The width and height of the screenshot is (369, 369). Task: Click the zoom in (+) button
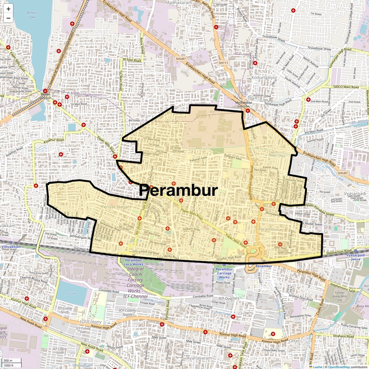[x=8, y=9]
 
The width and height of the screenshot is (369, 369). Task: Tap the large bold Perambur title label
[x=178, y=190]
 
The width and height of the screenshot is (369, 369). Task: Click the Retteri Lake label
[x=32, y=15]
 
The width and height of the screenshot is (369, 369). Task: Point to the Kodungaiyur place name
[x=264, y=78]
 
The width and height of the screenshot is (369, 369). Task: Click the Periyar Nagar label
[x=115, y=207]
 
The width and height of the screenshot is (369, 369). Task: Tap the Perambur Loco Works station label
[x=133, y=262]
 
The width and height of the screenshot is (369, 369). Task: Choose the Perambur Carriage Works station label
[x=224, y=273]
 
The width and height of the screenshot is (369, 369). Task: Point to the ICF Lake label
[x=71, y=293]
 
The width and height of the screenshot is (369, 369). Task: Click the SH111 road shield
[x=223, y=63]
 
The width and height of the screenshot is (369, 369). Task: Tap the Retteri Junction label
[x=45, y=96]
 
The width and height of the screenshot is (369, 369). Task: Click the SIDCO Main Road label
[x=346, y=87]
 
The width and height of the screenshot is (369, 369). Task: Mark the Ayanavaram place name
[x=199, y=358]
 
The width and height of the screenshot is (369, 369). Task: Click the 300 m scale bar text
[x=8, y=360]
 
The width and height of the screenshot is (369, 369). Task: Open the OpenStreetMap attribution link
[x=339, y=367]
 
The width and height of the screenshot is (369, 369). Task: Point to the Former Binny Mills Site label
[x=340, y=296]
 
